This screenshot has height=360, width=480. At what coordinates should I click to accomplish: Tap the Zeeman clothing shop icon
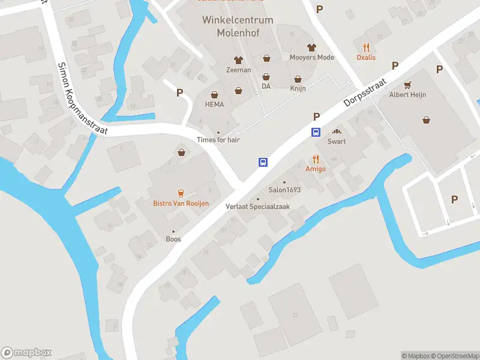(238, 60)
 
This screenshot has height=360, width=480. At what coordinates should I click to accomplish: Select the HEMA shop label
(214, 104)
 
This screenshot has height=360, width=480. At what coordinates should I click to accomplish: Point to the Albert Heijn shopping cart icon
(408, 85)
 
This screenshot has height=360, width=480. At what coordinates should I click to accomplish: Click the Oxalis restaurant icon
(366, 47)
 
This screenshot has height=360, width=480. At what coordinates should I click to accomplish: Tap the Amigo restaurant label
(316, 169)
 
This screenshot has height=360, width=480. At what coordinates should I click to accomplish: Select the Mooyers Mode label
(311, 58)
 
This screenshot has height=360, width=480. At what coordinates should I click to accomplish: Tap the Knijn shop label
(298, 88)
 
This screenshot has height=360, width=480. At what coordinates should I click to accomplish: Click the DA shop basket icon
(266, 77)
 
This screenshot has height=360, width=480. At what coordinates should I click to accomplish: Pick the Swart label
(337, 142)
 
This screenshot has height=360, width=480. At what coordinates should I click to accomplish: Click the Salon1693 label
(284, 190)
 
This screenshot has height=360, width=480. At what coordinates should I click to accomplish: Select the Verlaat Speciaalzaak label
(258, 206)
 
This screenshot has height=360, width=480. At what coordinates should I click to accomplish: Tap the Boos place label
(173, 239)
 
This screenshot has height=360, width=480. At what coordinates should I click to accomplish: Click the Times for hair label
(218, 140)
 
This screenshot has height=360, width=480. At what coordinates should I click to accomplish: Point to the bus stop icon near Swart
(316, 133)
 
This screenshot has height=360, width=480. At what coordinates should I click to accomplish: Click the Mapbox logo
(26, 353)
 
